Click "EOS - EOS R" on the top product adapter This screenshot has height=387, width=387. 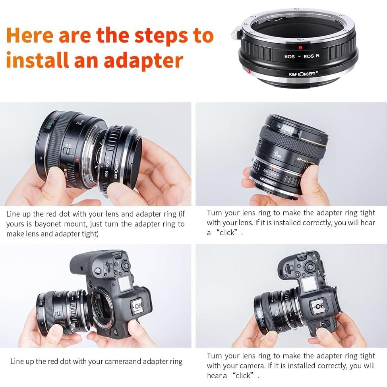(x=302, y=56)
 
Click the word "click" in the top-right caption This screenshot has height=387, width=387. (x=227, y=233)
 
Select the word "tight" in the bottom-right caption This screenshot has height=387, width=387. (x=367, y=356)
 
